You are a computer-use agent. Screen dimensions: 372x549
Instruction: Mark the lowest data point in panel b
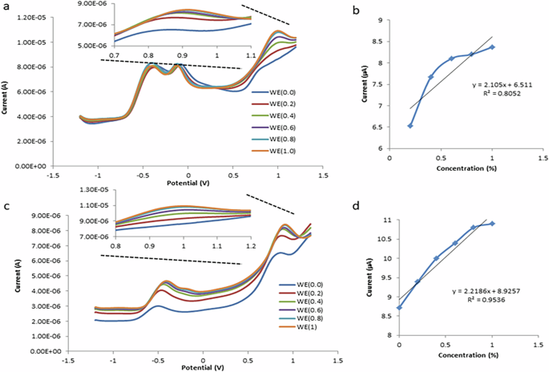pos(410,125)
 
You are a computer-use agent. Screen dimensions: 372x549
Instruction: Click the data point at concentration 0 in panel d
pos(399,307)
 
